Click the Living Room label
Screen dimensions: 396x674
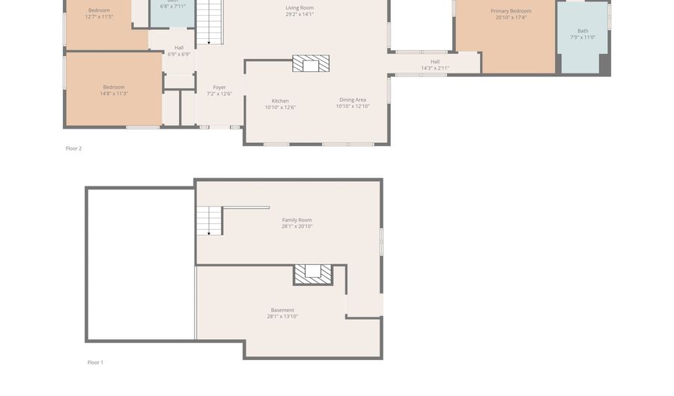tap(300, 7)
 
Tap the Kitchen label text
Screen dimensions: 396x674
tap(280, 101)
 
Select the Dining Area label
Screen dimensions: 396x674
tap(352, 100)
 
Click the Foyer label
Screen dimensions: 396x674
tap(219, 88)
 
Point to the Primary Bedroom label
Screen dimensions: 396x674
tap(511, 11)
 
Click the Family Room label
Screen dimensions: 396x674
tap(297, 220)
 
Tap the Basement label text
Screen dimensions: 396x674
tap(282, 310)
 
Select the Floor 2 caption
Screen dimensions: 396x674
tap(73, 148)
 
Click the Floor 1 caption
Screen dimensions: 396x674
tap(95, 362)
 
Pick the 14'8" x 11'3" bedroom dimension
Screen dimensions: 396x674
tap(114, 94)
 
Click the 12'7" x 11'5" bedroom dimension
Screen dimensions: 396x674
tap(99, 16)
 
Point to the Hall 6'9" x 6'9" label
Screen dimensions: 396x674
tap(179, 51)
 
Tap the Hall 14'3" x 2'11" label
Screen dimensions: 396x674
tap(435, 65)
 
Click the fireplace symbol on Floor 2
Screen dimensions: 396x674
tap(311, 64)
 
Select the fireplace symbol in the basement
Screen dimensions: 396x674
tap(312, 274)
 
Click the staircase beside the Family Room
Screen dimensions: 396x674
tap(209, 221)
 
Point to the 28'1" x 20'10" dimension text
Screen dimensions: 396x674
tap(297, 226)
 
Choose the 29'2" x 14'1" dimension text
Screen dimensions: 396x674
tap(300, 14)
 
